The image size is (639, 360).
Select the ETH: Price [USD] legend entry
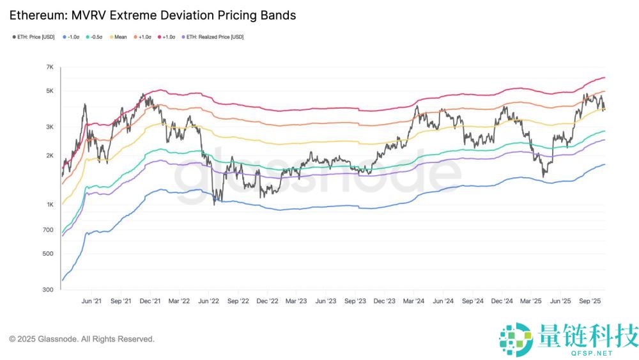click(35, 36)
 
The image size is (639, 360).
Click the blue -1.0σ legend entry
click(72, 36)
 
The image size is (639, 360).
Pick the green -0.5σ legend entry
click(98, 36)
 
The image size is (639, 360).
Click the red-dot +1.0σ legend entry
click(167, 36)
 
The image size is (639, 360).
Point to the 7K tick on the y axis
click(49, 67)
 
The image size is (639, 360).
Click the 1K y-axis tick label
click(49, 205)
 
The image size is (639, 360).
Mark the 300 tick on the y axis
click(49, 290)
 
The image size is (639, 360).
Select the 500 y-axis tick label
click(49, 254)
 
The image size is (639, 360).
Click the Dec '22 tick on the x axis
click(266, 300)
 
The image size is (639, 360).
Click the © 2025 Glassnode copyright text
click(81, 339)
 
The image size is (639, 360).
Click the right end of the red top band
click(604, 78)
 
